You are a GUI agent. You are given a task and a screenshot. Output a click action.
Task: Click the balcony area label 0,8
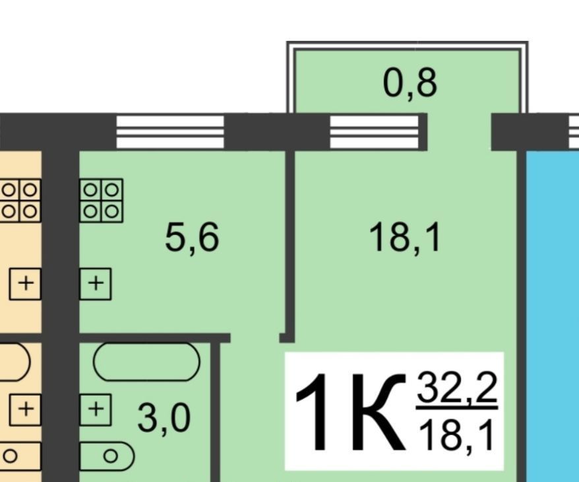pyautogui.click(x=410, y=83)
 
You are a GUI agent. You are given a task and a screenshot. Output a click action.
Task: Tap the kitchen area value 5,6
pyautogui.click(x=192, y=238)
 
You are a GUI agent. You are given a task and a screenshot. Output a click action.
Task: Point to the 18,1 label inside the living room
pyautogui.click(x=405, y=238)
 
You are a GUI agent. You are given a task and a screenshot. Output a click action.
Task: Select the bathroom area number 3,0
pyautogui.click(x=164, y=419)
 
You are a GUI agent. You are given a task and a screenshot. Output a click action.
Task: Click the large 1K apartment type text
pyautogui.click(x=350, y=412)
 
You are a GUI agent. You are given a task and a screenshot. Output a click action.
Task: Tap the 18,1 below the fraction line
pyautogui.click(x=456, y=436)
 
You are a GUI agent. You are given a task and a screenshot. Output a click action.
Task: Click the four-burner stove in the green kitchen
pyautogui.click(x=101, y=201)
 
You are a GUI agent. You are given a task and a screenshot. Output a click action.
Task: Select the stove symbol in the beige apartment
pyautogui.click(x=20, y=201)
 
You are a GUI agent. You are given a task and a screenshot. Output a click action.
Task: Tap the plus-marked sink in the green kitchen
pyautogui.click(x=95, y=284)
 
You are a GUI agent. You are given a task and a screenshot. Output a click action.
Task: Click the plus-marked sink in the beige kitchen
pyautogui.click(x=25, y=284)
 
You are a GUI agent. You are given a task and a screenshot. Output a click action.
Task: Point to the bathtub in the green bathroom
pyautogui.click(x=146, y=362)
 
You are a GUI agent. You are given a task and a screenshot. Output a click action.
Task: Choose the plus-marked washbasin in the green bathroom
pyautogui.click(x=95, y=409)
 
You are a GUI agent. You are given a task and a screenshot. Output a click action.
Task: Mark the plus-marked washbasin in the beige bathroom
pyautogui.click(x=25, y=409)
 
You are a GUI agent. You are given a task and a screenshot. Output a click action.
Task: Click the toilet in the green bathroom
pyautogui.click(x=107, y=456)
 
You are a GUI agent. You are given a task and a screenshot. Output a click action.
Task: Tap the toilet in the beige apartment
pyautogui.click(x=19, y=456)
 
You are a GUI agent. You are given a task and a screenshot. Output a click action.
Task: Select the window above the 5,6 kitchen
pyautogui.click(x=170, y=132)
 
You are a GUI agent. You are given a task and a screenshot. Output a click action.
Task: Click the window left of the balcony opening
pyautogui.click(x=374, y=132)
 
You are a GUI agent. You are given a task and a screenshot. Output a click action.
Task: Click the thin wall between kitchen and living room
pyautogui.click(x=290, y=244)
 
